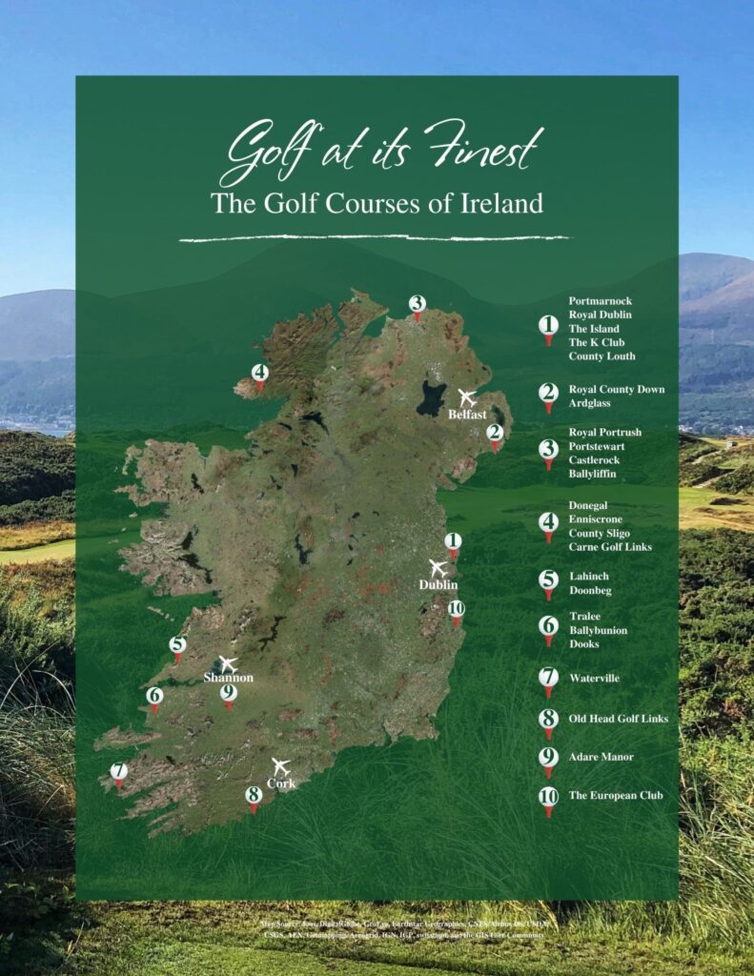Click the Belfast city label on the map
(467, 415)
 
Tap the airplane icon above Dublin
(438, 568)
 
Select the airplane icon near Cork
(280, 765)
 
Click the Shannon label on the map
(229, 678)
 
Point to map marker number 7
(119, 773)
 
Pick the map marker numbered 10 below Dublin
(456, 610)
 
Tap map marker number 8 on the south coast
(254, 796)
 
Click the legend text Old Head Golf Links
(618, 719)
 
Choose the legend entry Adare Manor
(601, 757)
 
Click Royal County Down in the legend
(616, 390)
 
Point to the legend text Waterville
(594, 679)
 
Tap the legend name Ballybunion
(598, 631)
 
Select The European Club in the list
(615, 795)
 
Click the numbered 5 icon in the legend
(548, 580)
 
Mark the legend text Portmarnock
(600, 300)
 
